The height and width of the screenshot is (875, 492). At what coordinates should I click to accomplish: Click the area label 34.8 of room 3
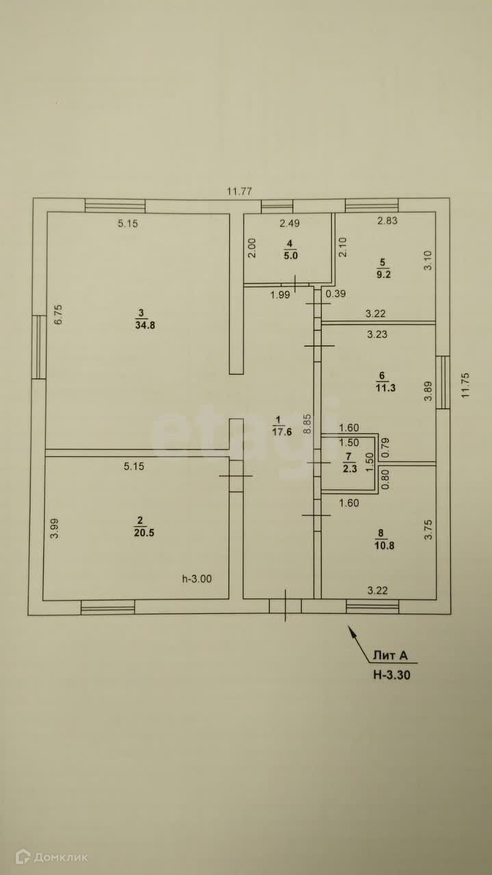pos(144,325)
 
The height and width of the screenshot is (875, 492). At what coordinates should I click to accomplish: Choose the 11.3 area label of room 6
pos(382,387)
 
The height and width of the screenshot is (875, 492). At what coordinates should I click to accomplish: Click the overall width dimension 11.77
pos(240,191)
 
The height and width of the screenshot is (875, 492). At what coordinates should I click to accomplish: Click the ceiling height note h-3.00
pos(196,578)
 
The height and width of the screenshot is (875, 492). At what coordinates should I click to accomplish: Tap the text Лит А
pos(391,656)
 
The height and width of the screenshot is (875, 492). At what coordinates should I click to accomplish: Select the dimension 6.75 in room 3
pos(59,314)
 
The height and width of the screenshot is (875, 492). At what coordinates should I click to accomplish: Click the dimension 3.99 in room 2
pos(55,530)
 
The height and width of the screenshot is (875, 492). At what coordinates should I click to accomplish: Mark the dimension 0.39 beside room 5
pos(335,294)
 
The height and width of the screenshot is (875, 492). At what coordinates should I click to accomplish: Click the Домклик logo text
pos(61,857)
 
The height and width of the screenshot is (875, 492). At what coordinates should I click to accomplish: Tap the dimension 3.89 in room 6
pos(428,390)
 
